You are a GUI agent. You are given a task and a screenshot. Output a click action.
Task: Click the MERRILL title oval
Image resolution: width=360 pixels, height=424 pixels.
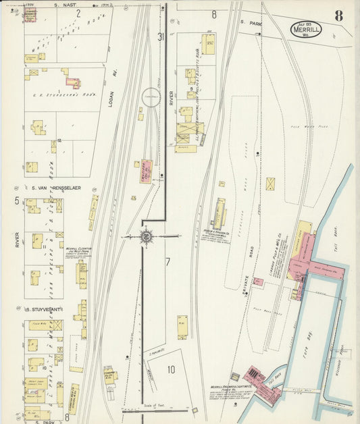[307, 29]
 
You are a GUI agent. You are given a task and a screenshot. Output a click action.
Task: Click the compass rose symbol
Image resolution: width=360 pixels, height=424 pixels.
[146, 236]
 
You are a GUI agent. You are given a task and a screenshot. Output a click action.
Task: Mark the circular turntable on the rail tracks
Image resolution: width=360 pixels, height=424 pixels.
[151, 98]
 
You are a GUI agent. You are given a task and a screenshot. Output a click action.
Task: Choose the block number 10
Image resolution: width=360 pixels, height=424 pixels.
[172, 369]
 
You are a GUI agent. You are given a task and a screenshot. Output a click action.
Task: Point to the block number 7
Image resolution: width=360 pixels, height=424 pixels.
[167, 261]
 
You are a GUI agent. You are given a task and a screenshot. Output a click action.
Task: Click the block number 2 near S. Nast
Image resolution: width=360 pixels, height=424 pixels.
[78, 13]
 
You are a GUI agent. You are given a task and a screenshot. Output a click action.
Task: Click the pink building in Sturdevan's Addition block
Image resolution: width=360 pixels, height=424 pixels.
[72, 83]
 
